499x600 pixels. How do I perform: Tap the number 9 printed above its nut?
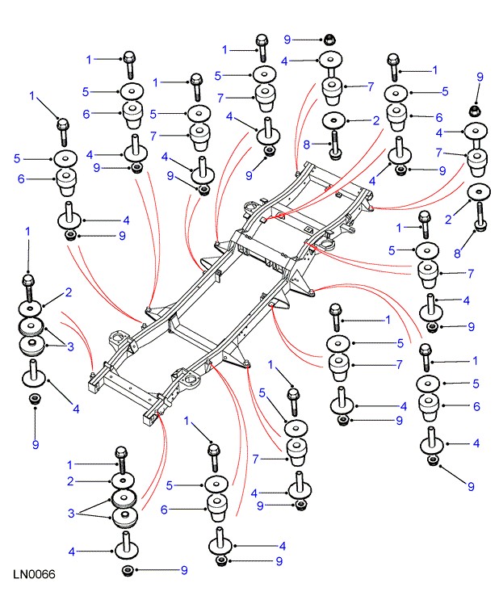click(480, 77)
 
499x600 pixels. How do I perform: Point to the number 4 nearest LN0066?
click(71, 552)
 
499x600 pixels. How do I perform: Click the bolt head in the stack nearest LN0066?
click(122, 451)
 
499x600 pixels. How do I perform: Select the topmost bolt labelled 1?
click(262, 42)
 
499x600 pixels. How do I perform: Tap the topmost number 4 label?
click(283, 61)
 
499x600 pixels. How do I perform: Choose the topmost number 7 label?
click(371, 86)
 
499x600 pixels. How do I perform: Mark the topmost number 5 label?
click(218, 75)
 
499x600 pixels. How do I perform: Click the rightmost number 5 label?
click(476, 383)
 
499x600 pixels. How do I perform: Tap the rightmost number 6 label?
click(476, 406)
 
